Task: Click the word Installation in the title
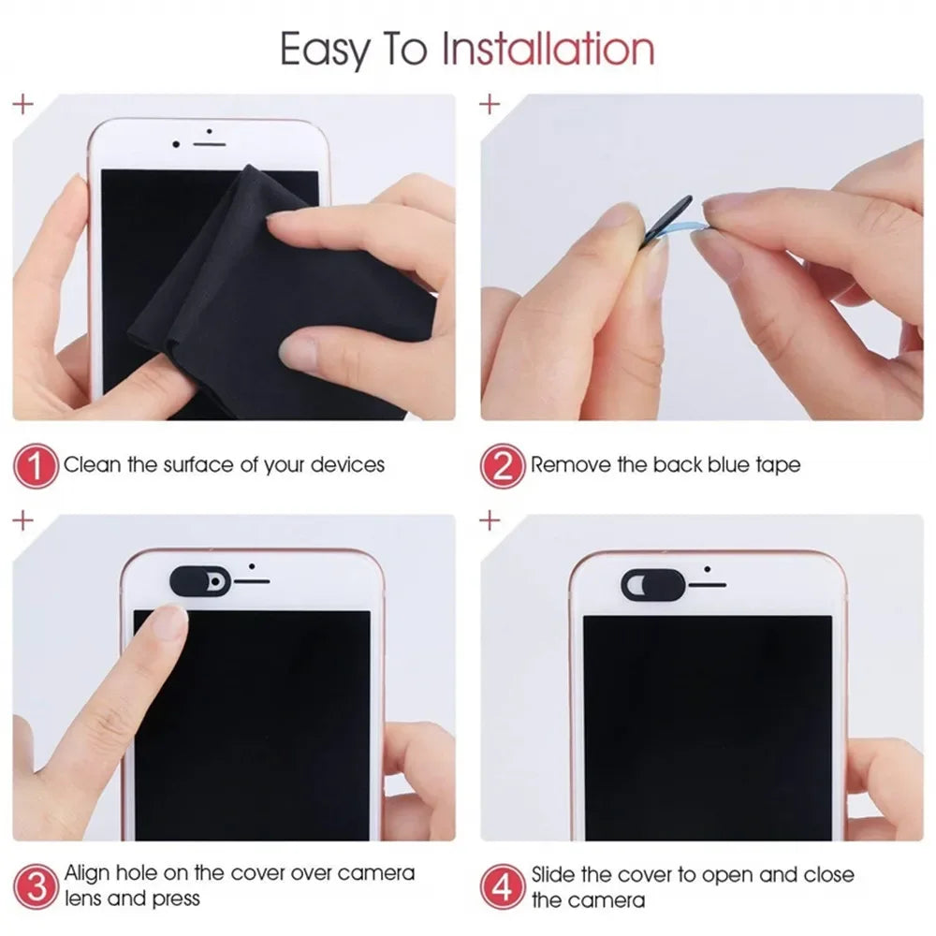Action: click(x=548, y=48)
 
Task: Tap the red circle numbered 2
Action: click(x=503, y=465)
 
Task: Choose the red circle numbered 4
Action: click(x=503, y=885)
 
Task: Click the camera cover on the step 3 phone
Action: click(x=199, y=580)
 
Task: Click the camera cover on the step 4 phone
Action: click(x=647, y=584)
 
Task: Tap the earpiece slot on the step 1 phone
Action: click(x=211, y=145)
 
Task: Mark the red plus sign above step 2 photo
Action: click(x=490, y=105)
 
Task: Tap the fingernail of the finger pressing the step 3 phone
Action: click(x=171, y=622)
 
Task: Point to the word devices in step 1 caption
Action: click(x=347, y=464)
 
